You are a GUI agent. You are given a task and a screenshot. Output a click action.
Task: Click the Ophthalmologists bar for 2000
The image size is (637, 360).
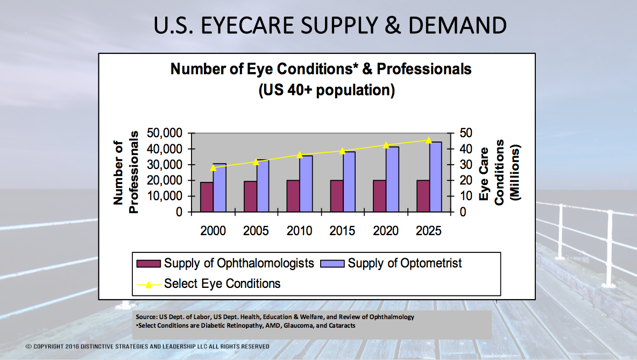[x=207, y=197]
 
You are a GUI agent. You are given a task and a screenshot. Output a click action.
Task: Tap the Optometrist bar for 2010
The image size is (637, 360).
[x=306, y=183]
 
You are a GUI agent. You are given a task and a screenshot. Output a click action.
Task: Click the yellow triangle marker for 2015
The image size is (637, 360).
[x=343, y=151]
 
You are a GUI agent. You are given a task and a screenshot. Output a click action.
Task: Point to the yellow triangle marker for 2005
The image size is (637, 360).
[x=257, y=162]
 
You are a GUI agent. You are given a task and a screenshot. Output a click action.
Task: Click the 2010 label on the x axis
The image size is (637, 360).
[x=299, y=231]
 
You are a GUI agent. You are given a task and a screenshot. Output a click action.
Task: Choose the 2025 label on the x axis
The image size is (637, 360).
[x=429, y=231]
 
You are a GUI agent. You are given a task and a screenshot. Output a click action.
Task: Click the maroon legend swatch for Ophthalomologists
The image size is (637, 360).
[x=148, y=264]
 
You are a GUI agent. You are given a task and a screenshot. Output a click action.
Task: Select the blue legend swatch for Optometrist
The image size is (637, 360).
[x=332, y=264]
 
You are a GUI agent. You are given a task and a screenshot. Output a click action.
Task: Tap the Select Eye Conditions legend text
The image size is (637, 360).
[x=222, y=283]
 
